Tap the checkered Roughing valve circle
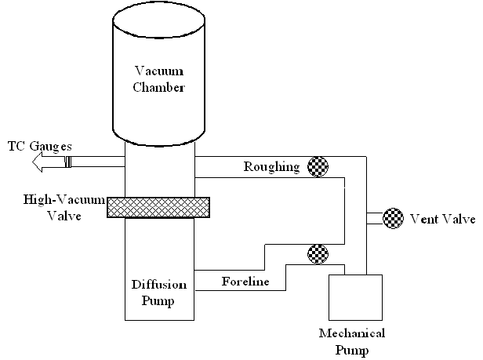click(x=317, y=165)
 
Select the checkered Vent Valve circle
click(x=393, y=217)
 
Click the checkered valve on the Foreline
click(x=317, y=253)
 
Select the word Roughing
click(x=271, y=166)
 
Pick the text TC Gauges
click(x=40, y=145)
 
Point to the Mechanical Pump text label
click(x=352, y=341)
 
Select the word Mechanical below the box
click(x=352, y=334)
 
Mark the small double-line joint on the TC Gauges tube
click(x=67, y=162)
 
